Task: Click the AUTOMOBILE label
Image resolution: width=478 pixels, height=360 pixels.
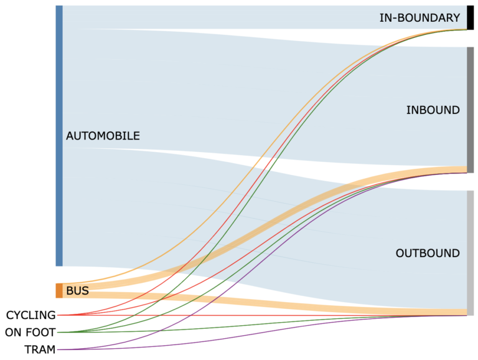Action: [x=103, y=136]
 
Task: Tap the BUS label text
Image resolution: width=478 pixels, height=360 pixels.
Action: [x=77, y=291]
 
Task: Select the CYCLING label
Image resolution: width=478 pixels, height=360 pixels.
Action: [x=30, y=315]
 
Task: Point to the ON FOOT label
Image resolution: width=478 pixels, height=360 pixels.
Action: [x=30, y=333]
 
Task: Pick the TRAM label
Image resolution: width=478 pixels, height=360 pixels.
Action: [x=40, y=349]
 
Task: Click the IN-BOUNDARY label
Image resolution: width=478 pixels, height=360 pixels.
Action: [x=419, y=18]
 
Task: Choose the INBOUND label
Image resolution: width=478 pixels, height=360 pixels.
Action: [x=433, y=110]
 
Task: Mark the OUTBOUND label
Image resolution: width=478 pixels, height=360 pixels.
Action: [x=428, y=253]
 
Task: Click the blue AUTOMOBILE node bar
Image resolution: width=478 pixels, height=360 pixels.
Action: [x=59, y=136]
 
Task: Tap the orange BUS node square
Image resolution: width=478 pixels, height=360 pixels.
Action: [x=59, y=291]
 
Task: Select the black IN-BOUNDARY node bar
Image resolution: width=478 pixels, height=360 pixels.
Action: [x=471, y=17]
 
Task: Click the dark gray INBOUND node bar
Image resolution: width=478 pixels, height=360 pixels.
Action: [x=471, y=105]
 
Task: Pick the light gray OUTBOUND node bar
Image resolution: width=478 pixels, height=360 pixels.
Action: [x=471, y=252]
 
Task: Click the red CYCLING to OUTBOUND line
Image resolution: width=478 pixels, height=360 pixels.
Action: [x=249, y=315]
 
